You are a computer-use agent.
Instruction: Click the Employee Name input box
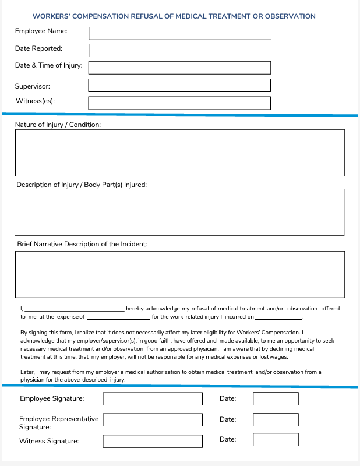179,33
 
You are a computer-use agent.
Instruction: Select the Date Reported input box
179,50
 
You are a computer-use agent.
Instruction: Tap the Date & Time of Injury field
179,68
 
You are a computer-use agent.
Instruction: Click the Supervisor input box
179,85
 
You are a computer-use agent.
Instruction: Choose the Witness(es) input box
179,103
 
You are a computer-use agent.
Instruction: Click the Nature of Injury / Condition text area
179,153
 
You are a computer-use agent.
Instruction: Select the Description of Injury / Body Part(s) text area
179,211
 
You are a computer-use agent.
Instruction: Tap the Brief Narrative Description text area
179,274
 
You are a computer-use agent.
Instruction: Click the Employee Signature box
153,399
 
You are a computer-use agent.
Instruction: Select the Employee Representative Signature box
153,419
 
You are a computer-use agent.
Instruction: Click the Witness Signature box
153,440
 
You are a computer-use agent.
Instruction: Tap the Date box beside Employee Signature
276,399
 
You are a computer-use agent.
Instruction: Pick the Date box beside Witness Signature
276,440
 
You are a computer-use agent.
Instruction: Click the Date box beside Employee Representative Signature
276,419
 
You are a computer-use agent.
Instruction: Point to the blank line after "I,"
74,310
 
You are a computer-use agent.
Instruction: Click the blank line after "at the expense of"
118,319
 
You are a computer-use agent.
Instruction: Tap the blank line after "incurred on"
278,319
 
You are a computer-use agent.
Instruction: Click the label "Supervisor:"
33,86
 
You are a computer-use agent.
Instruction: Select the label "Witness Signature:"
49,441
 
